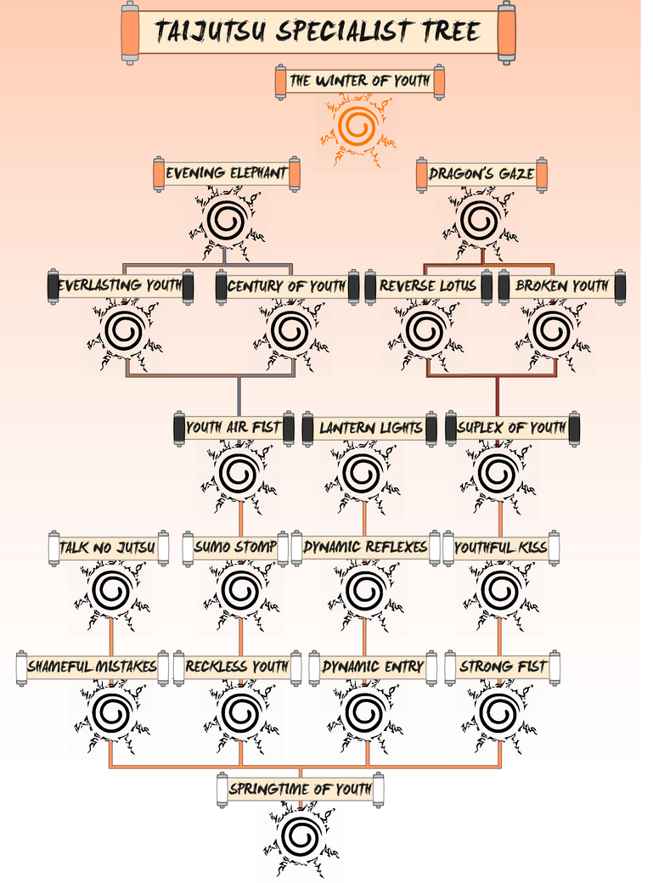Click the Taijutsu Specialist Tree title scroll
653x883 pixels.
pyautogui.click(x=318, y=32)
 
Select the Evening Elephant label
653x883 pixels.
pyautogui.click(x=226, y=174)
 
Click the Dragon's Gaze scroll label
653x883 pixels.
pyautogui.click(x=481, y=174)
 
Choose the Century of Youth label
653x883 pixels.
pyautogui.click(x=286, y=286)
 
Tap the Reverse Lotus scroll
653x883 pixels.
pyautogui.click(x=428, y=286)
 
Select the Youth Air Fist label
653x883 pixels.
pyautogui.click(x=234, y=427)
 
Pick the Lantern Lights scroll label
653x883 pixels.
pyautogui.click(x=370, y=427)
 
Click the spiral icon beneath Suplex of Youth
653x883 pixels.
pyautogui.click(x=498, y=474)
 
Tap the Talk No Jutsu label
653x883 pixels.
pyautogui.click(x=107, y=548)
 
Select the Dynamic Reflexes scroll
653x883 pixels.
pyautogui.click(x=365, y=548)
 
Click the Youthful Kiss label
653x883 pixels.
pyautogui.click(x=501, y=548)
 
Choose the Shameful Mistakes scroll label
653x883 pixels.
pyautogui.click(x=92, y=667)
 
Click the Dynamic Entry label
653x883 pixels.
pyautogui.click(x=373, y=667)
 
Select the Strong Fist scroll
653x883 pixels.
pyautogui.click(x=503, y=667)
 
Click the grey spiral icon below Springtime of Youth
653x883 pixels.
pyautogui.click(x=299, y=835)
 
